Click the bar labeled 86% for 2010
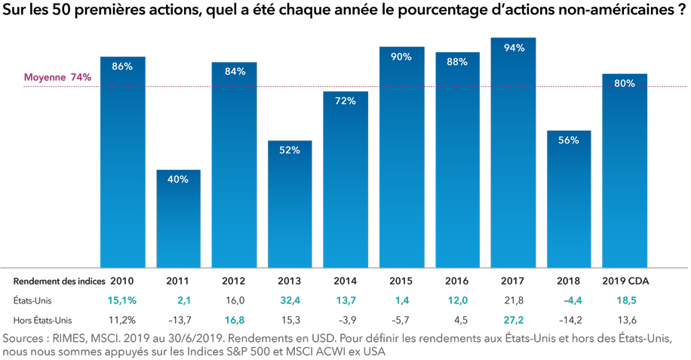click(x=122, y=162)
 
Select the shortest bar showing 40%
click(x=178, y=219)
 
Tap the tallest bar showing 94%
click(x=513, y=151)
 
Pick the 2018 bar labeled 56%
click(x=569, y=200)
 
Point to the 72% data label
click(x=345, y=101)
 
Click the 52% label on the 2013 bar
click(x=290, y=150)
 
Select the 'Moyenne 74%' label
click(x=57, y=77)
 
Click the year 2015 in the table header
click(x=401, y=281)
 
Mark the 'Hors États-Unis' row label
click(x=42, y=319)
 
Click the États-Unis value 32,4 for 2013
click(x=289, y=300)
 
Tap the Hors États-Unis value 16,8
click(x=234, y=319)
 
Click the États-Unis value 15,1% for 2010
click(x=123, y=300)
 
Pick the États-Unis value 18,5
click(x=625, y=300)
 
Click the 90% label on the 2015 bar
click(x=401, y=57)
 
